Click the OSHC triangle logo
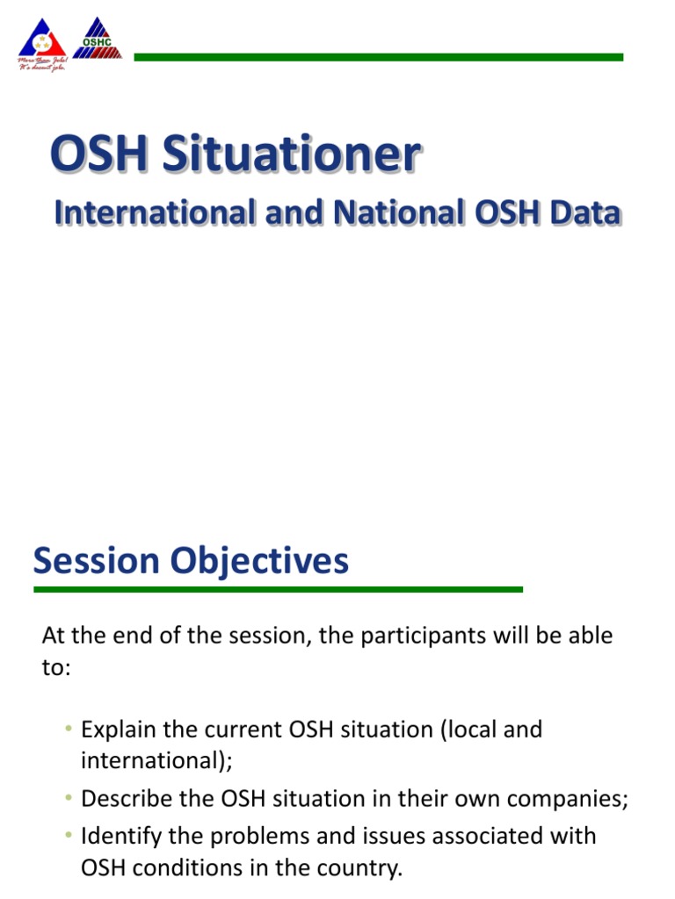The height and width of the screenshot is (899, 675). coord(98,40)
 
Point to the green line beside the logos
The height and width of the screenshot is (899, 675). coord(378,57)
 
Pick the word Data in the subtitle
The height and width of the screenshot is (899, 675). coord(580,213)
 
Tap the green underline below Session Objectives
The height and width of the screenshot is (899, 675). coord(278,590)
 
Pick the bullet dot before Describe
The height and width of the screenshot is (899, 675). coord(68,800)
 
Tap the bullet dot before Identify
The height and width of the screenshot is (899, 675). coord(68,836)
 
